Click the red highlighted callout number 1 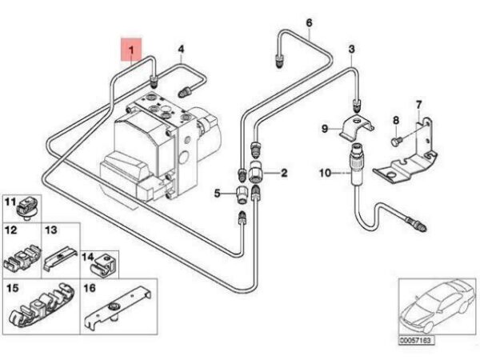point(131,50)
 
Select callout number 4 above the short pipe point(182,49)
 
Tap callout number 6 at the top point(310,22)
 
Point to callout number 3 point(351,49)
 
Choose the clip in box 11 point(26,208)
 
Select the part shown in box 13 point(60,257)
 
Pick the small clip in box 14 point(103,265)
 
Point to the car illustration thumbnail point(437,306)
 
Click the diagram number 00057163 point(416,340)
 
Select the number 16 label point(90,288)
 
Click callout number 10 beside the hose point(325,174)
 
